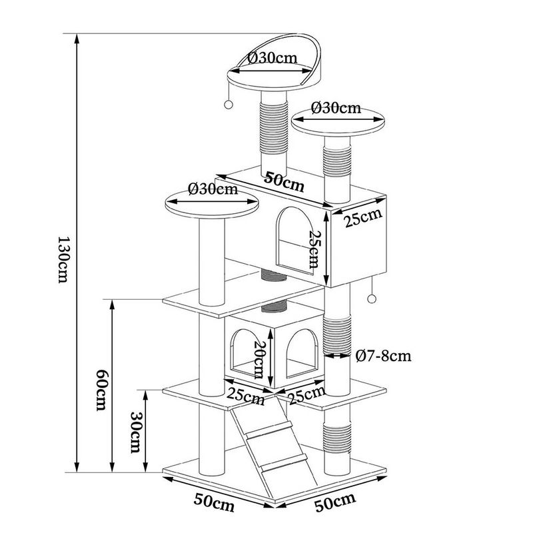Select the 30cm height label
[x=135, y=432]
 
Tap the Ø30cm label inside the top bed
[x=272, y=58]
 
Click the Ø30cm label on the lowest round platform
[x=213, y=189]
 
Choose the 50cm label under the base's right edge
[x=335, y=499]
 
